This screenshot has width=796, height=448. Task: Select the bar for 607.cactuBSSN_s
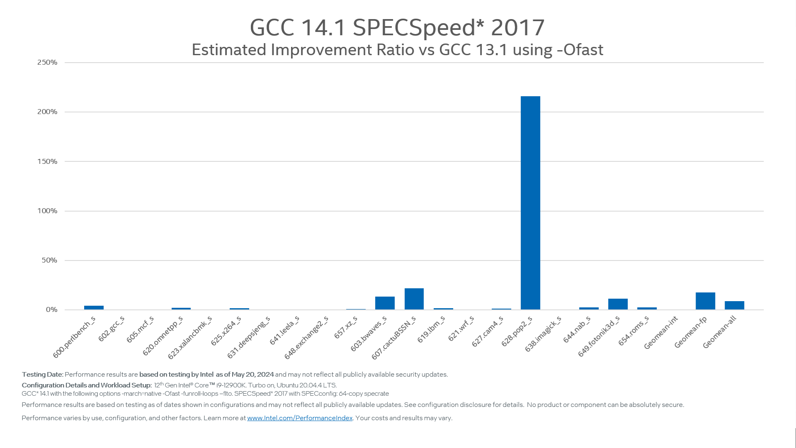tap(414, 299)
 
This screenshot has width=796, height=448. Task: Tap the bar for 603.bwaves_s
tap(385, 303)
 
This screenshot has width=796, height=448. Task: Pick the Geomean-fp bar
tap(705, 301)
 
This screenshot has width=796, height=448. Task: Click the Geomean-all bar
tap(734, 305)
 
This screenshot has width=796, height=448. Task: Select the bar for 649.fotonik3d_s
tap(618, 304)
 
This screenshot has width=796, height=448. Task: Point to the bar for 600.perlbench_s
tap(94, 308)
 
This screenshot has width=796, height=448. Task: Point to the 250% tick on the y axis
tap(47, 62)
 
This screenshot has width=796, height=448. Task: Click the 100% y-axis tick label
tap(47, 211)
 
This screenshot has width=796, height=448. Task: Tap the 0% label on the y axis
tap(51, 309)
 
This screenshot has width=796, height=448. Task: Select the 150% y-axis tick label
tap(47, 161)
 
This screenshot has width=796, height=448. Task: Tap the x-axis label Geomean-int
tap(661, 332)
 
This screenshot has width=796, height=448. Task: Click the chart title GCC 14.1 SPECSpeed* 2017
tap(397, 27)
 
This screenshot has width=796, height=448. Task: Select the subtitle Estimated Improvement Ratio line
tap(397, 50)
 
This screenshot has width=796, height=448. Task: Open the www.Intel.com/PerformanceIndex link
tap(300, 418)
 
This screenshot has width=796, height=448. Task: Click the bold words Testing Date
tap(42, 375)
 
